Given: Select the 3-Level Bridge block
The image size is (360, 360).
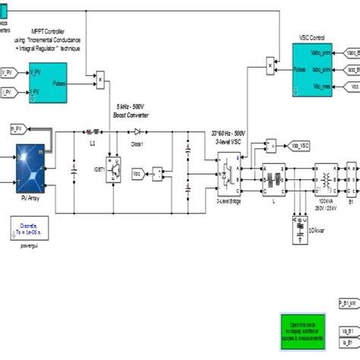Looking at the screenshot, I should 228,172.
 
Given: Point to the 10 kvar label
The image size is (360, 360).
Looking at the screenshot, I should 314,229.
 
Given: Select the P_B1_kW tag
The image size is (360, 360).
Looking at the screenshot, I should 346,302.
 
